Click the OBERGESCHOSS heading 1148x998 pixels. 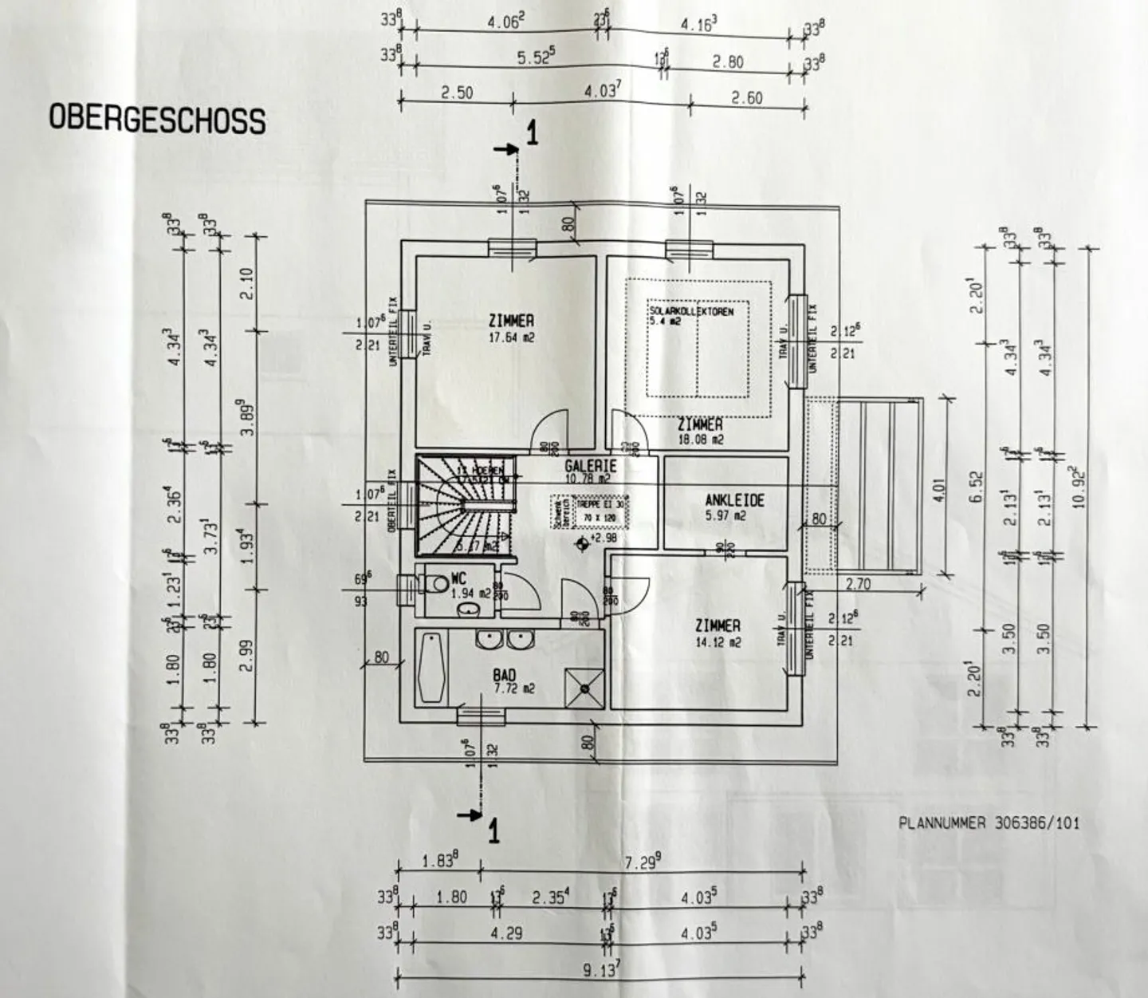click(x=157, y=119)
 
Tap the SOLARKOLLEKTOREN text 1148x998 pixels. click(x=690, y=310)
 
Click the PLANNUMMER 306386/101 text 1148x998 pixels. click(x=989, y=822)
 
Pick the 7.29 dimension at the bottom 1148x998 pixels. click(x=643, y=862)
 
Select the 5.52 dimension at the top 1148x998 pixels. click(x=536, y=58)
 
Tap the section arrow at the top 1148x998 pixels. click(x=508, y=148)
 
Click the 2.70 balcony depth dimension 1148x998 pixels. click(x=858, y=584)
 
